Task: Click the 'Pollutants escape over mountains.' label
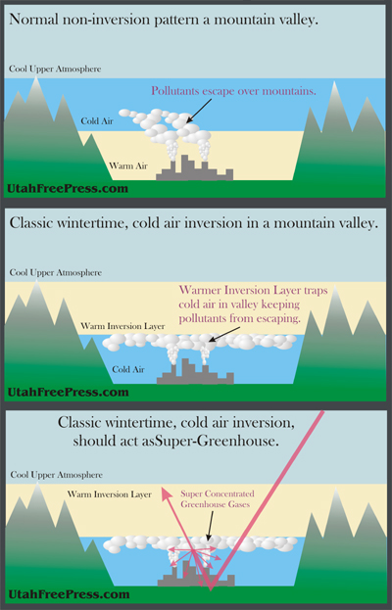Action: point(233,91)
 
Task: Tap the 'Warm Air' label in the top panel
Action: point(128,166)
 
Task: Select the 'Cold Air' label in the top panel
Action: point(97,121)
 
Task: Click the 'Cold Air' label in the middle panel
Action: point(128,369)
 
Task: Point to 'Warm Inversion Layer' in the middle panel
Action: point(122,326)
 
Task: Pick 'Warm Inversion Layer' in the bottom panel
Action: point(110,494)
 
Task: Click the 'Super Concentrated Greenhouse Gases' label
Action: point(218,499)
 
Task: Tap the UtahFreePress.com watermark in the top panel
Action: point(68,189)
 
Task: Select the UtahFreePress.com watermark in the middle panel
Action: point(69,392)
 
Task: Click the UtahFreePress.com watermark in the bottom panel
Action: point(69,594)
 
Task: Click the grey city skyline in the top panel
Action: point(194,170)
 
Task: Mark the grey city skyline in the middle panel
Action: point(195,373)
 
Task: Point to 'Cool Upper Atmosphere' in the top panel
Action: point(55,69)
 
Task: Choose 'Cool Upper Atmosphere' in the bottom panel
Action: point(57,475)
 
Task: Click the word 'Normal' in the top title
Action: point(30,19)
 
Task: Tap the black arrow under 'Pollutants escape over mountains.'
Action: point(199,111)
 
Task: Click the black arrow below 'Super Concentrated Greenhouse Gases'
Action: point(211,526)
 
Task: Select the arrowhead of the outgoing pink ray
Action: point(167,493)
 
